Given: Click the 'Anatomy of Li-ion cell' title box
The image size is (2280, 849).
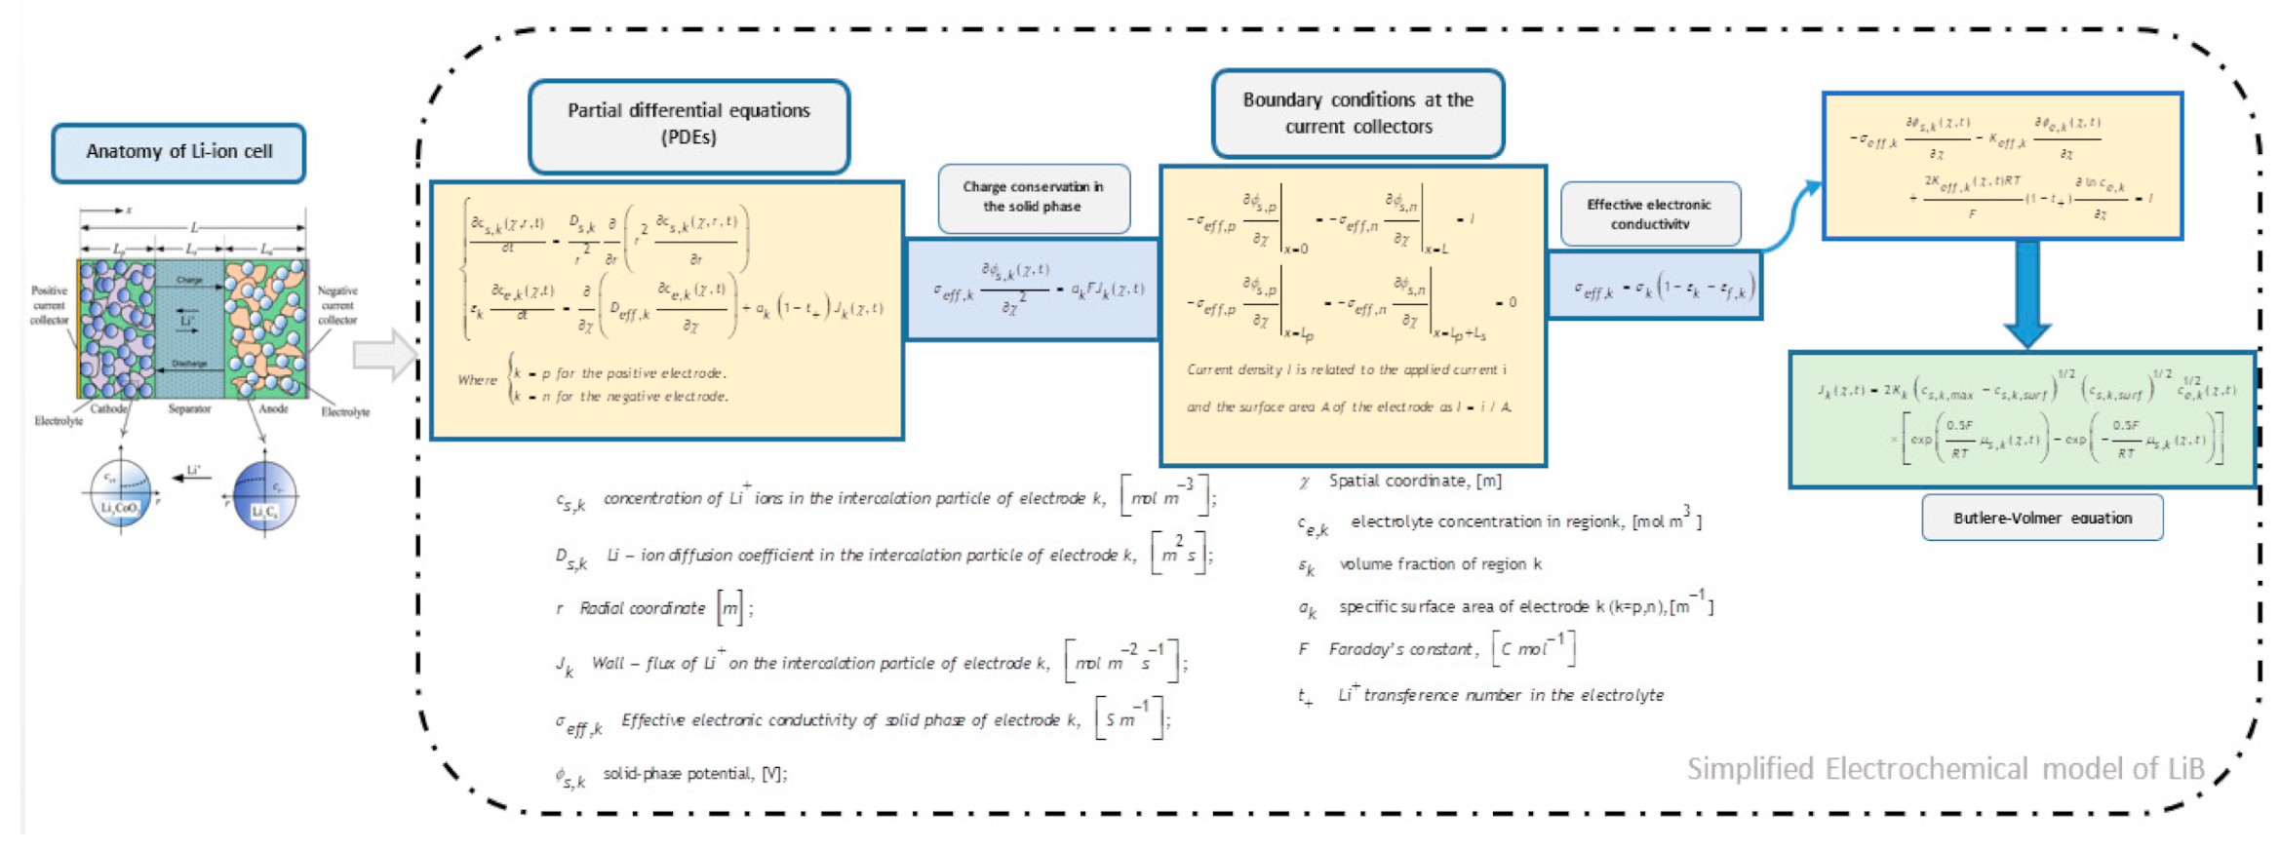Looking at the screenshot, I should (x=178, y=152).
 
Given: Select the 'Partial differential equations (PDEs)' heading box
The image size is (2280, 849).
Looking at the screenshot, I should (x=688, y=125).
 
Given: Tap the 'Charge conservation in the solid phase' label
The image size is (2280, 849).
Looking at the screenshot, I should (x=1033, y=197).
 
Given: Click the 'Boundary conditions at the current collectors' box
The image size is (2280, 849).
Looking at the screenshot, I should (x=1357, y=113).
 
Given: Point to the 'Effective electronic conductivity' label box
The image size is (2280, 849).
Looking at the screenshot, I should (x=1649, y=213).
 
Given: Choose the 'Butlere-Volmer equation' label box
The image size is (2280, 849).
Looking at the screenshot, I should (x=2042, y=518).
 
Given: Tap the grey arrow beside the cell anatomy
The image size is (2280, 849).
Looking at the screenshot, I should (x=385, y=355).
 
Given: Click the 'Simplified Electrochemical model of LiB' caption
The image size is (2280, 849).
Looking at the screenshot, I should (x=1946, y=769).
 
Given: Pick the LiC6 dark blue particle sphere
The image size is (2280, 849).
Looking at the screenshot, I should (x=264, y=496).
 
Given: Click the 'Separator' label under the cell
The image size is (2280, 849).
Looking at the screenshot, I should (x=189, y=409).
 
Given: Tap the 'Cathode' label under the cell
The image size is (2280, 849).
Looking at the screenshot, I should (x=109, y=409).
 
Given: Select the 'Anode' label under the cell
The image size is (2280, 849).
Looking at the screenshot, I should (x=273, y=409).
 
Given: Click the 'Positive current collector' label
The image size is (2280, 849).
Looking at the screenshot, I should (x=49, y=305).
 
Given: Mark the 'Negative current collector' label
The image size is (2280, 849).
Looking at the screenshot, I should (x=337, y=305).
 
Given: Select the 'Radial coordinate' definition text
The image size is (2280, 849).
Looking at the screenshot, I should (x=643, y=608).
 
